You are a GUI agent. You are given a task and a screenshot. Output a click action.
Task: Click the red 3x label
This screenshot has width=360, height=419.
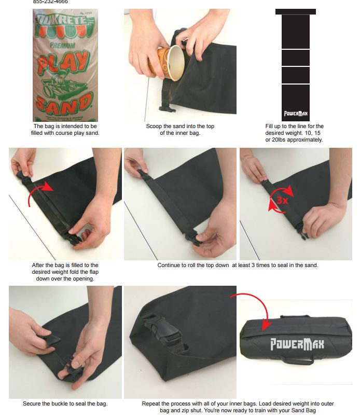tap(282, 200)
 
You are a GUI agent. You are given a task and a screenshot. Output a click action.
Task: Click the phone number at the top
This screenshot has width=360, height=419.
tap(50, 2)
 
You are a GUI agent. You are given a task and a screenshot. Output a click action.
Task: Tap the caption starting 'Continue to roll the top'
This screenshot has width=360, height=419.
tap(238, 266)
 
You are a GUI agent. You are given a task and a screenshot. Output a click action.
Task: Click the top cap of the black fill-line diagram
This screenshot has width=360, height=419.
tap(295, 11)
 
